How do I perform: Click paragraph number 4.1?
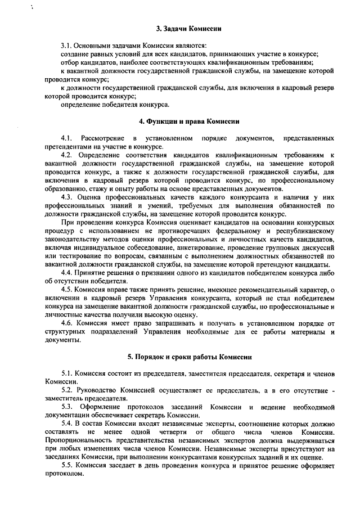[x=67, y=138]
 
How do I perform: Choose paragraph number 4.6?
[x=67, y=324]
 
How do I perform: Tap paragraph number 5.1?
[x=67, y=373]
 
